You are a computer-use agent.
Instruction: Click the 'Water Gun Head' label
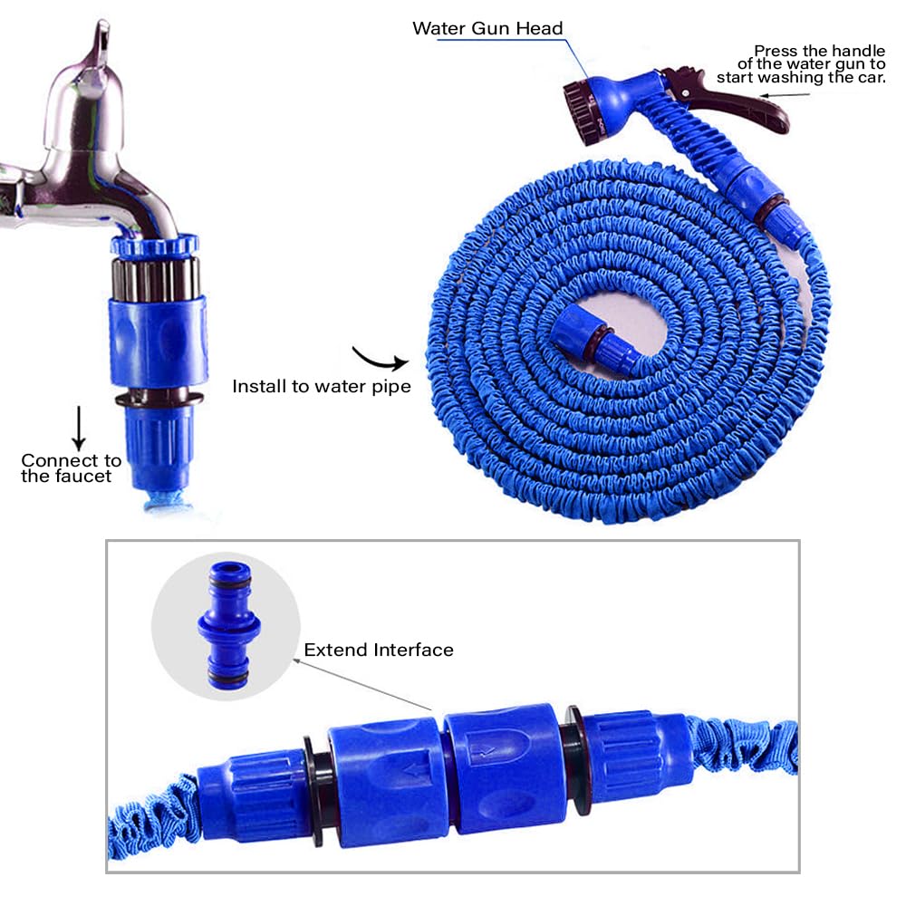pos(487,28)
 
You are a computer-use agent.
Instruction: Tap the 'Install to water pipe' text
pos(322,386)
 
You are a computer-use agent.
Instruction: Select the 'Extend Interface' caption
pos(379,650)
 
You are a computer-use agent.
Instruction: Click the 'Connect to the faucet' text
pos(71,468)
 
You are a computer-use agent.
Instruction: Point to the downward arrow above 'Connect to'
pos(79,429)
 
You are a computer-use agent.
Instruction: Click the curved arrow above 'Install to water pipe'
pos(381,359)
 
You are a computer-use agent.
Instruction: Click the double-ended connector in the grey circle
pos(228,625)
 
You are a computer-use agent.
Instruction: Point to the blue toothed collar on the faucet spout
pos(154,245)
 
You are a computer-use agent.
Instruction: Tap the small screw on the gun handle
pos(685,93)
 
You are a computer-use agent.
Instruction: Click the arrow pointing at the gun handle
pos(784,95)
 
